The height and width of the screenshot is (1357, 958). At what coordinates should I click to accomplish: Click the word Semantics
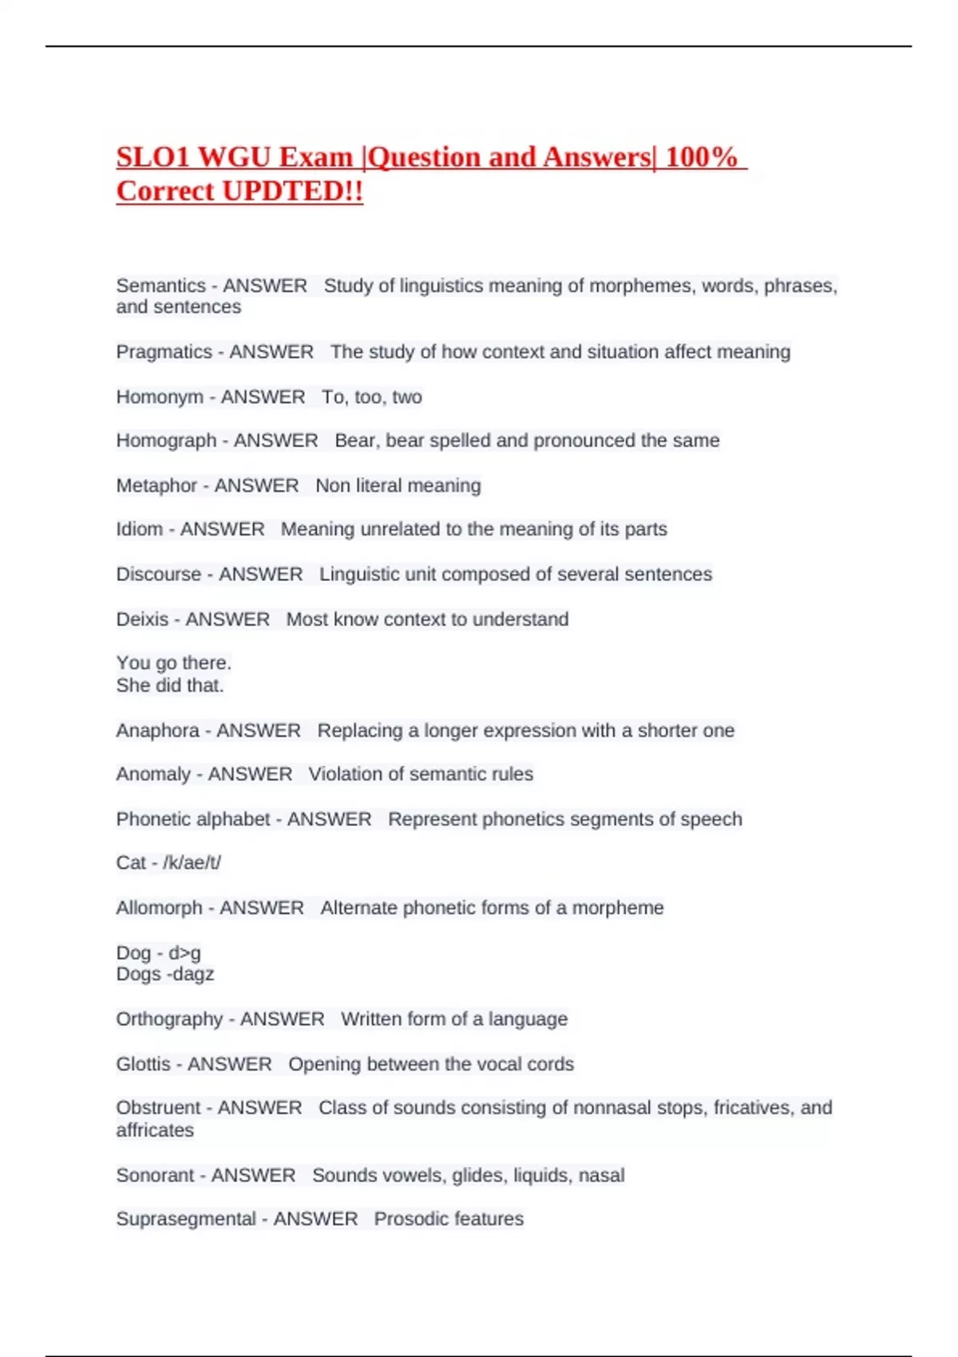[160, 286]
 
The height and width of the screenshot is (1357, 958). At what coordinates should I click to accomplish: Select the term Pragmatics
[164, 352]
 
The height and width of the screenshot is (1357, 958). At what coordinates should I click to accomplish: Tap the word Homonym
[160, 397]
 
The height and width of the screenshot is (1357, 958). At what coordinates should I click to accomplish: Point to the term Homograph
[166, 441]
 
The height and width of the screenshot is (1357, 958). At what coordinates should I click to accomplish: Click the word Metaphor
[156, 485]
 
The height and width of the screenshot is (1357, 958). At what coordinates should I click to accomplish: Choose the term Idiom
[140, 529]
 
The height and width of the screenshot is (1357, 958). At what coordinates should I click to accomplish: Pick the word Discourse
[159, 574]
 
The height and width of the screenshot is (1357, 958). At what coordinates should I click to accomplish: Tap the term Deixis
[142, 619]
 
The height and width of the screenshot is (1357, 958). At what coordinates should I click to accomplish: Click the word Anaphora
[158, 730]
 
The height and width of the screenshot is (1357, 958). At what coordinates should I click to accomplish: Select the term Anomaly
[153, 774]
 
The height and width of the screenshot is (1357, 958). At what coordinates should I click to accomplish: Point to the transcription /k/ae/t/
[192, 863]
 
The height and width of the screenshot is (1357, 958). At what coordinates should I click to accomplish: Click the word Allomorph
[159, 908]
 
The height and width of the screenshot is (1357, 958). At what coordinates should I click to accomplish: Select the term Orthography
[169, 1019]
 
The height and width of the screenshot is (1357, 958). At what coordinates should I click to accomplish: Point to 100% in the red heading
[701, 157]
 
